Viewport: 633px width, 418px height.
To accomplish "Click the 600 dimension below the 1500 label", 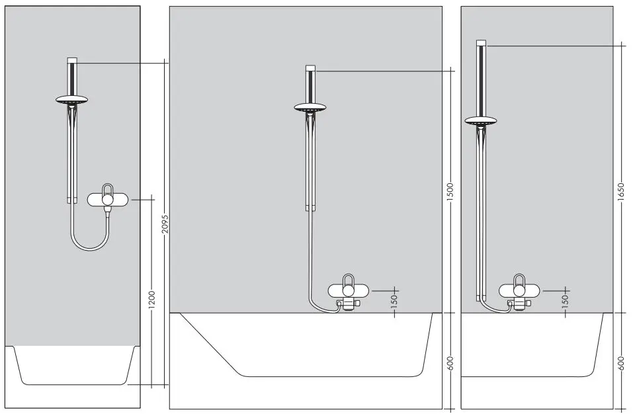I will click(x=450, y=363).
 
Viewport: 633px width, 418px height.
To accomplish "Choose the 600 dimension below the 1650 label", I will click(x=621, y=363).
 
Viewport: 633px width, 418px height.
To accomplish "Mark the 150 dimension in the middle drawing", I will click(x=395, y=302).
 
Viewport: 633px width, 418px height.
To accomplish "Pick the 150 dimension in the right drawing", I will click(x=566, y=300).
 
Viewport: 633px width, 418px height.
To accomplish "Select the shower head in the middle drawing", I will click(x=310, y=107).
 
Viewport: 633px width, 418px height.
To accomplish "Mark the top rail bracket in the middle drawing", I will click(x=310, y=68).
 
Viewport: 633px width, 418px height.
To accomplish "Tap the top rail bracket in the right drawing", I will click(x=481, y=43).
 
